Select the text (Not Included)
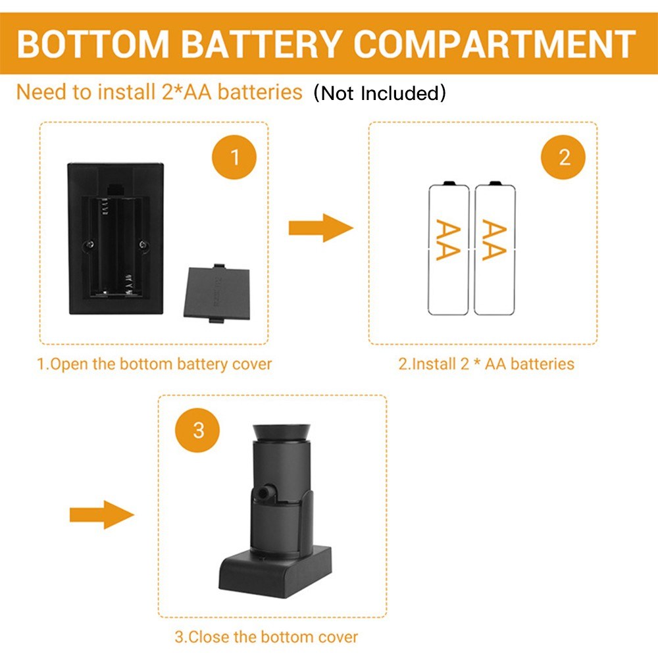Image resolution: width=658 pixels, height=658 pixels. coord(380,93)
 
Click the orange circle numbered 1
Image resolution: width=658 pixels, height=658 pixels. coord(235,157)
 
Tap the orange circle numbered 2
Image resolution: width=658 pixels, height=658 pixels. coord(564,157)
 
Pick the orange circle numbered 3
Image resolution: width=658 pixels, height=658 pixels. coord(199,431)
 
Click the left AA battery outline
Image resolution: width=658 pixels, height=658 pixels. coord(449,249)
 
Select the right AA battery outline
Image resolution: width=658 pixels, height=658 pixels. coord(495,249)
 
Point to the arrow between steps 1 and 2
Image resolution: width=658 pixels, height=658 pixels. coord(320,228)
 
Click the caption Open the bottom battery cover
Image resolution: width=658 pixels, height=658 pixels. coord(154,364)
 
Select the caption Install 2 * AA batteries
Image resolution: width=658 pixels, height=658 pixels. coord(486,364)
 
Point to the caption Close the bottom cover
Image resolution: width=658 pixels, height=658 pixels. coord(266,637)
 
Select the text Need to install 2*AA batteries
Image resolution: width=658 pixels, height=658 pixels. coord(159,91)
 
